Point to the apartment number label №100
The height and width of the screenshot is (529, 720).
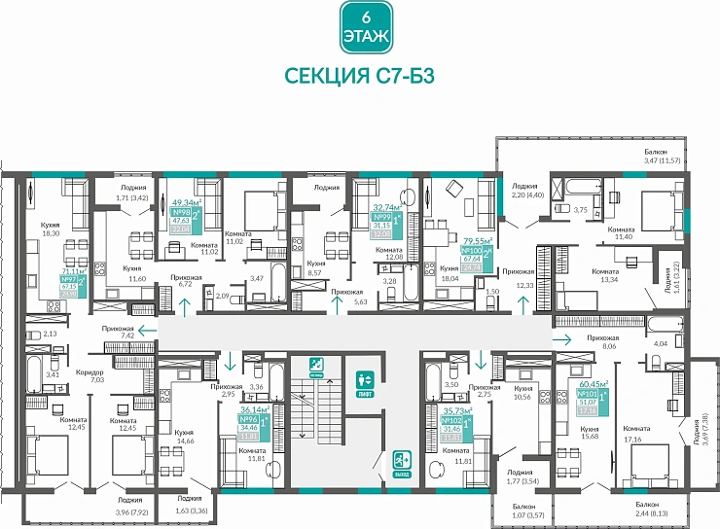(474, 250)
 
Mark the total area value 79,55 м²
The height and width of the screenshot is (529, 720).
(477, 239)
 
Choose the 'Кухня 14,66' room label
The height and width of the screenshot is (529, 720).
(184, 436)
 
